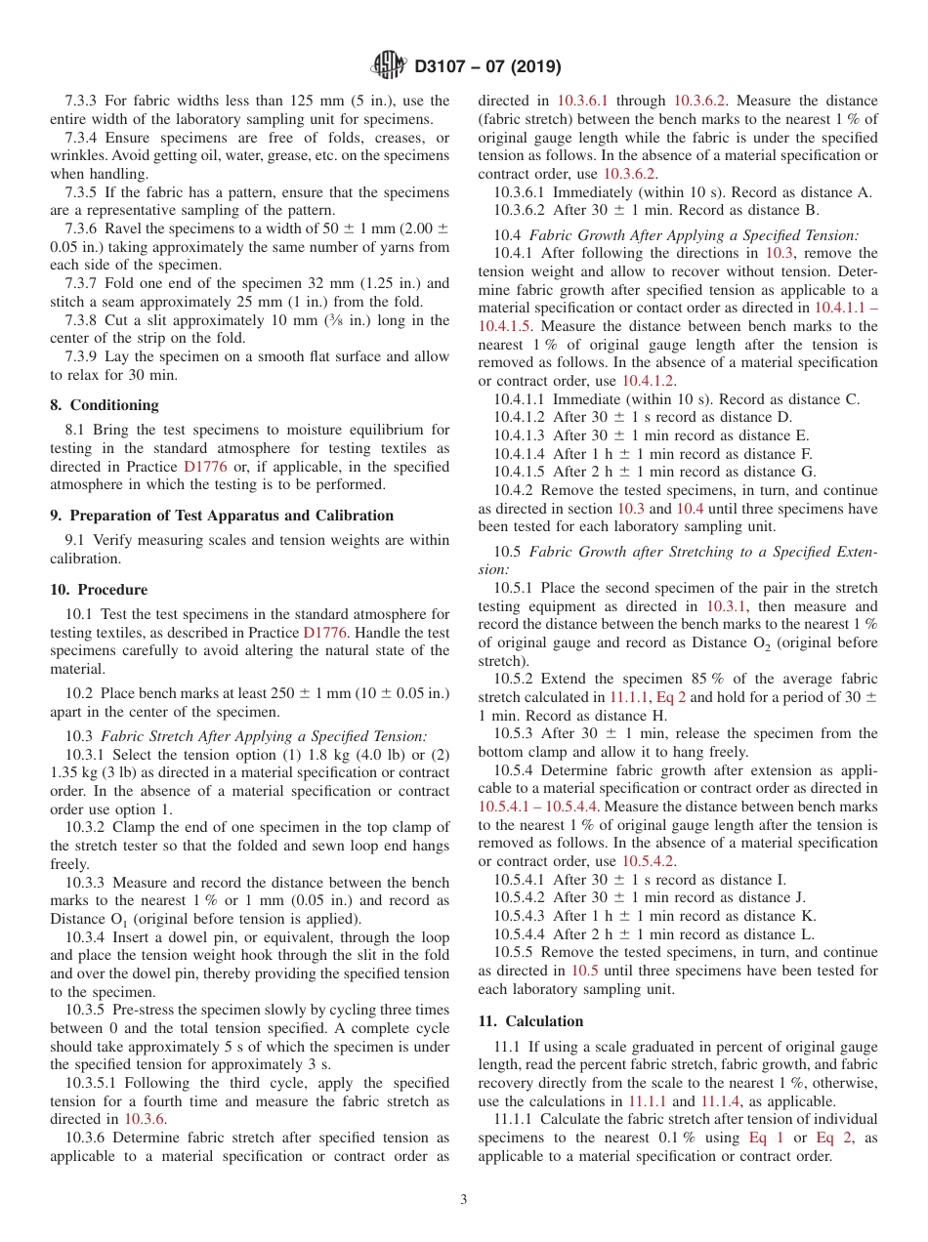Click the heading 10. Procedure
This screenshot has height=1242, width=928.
(x=99, y=590)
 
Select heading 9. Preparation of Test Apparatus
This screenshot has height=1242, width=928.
(x=222, y=516)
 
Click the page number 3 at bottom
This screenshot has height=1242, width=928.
(x=464, y=1200)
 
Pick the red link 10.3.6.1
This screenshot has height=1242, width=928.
(x=583, y=101)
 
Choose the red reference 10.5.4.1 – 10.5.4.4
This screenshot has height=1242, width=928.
(x=538, y=807)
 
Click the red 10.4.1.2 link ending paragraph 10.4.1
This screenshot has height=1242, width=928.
(x=649, y=381)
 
